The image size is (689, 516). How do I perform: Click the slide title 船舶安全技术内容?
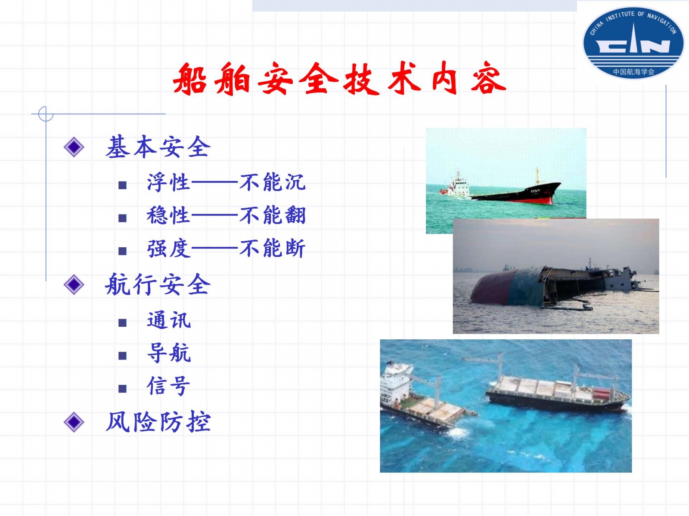click(339, 78)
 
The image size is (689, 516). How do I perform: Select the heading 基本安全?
click(158, 147)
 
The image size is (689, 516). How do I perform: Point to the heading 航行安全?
click(158, 284)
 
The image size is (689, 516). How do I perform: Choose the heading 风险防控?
click(158, 422)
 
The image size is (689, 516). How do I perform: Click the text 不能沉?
click(273, 182)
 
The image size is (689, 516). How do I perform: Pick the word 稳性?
click(168, 215)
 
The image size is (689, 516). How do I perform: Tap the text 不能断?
click(273, 248)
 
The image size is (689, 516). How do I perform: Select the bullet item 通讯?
click(169, 320)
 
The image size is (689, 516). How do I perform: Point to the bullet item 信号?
click(168, 386)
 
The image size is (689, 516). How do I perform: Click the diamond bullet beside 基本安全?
click(74, 147)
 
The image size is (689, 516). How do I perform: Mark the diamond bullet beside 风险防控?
click(74, 422)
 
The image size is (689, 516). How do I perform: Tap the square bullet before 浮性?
click(122, 185)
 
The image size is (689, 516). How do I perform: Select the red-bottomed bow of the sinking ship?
click(534, 195)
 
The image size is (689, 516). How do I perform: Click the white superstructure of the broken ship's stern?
click(395, 382)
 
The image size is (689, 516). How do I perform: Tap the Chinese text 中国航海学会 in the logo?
click(634, 72)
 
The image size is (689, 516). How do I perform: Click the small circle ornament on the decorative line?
click(46, 114)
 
